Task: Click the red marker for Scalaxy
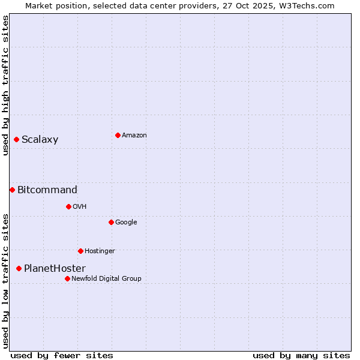pyautogui.click(x=16, y=140)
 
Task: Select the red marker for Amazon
pyautogui.click(x=118, y=135)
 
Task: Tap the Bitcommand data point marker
pyautogui.click(x=12, y=190)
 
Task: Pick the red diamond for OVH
pyautogui.click(x=68, y=206)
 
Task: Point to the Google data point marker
pyautogui.click(x=111, y=222)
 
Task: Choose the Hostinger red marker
pyautogui.click(x=80, y=251)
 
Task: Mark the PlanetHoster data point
pyautogui.click(x=19, y=268)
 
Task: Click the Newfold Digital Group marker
pyautogui.click(x=67, y=278)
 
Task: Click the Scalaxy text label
pyautogui.click(x=40, y=140)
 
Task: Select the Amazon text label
pyautogui.click(x=134, y=135)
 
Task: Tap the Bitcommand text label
pyautogui.click(x=47, y=190)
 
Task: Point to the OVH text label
pyautogui.click(x=80, y=206)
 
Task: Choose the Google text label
pyautogui.click(x=126, y=222)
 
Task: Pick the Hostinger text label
pyautogui.click(x=100, y=251)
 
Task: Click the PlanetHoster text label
pyautogui.click(x=55, y=268)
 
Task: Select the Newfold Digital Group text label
pyautogui.click(x=106, y=278)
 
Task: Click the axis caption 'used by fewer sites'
pyautogui.click(x=62, y=355)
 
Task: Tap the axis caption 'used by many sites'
pyautogui.click(x=301, y=355)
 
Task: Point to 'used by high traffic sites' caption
pyautogui.click(x=6, y=85)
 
